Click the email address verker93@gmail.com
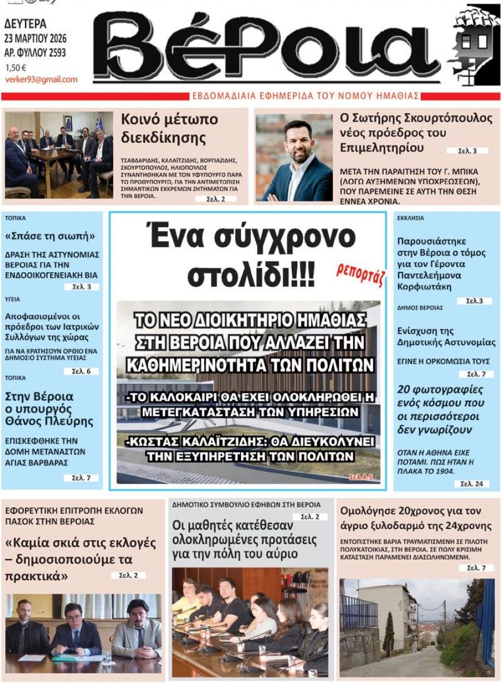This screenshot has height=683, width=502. coord(41,79)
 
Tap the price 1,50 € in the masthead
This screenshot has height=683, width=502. coord(16,68)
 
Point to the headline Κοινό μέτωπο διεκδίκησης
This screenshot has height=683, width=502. coord(169,128)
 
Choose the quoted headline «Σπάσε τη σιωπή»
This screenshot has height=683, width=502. coord(50,236)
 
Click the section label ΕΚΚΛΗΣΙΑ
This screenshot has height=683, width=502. coord(411,218)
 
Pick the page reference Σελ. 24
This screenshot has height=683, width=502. coord(471,484)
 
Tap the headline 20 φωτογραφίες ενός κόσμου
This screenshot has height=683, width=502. coord(440,410)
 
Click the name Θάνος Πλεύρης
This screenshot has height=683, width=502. coord(49,421)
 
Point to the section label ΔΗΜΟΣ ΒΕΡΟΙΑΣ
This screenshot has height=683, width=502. coord(420,307)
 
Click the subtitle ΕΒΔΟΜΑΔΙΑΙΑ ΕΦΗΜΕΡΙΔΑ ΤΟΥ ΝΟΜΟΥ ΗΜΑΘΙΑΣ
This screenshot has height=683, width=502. coord(305,96)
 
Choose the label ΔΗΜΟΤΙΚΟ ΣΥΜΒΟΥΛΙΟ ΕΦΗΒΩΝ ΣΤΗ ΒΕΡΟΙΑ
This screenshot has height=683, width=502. coord(246,504)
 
